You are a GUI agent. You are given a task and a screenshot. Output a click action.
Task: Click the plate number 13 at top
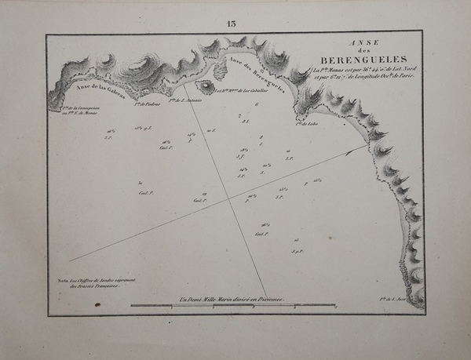tap(231, 23)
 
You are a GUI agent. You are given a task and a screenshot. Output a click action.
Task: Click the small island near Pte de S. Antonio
tap(206, 87)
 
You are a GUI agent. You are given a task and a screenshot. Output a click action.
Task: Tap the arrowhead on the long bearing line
tap(365, 147)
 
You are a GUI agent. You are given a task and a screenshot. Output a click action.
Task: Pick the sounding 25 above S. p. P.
tap(296, 241)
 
